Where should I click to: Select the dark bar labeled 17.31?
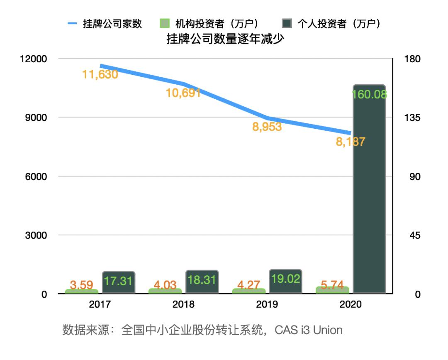coord(119,282)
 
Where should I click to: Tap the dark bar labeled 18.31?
coord(202,282)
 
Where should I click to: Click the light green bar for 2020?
coord(332,289)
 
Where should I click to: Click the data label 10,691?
coord(183,93)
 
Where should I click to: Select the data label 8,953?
coord(267,127)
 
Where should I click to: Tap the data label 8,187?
coord(350,142)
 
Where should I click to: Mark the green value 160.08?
coord(369,94)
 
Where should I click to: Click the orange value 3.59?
coord(81,285)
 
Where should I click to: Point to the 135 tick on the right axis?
coord(412,118)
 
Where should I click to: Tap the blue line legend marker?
coord(73,24)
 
